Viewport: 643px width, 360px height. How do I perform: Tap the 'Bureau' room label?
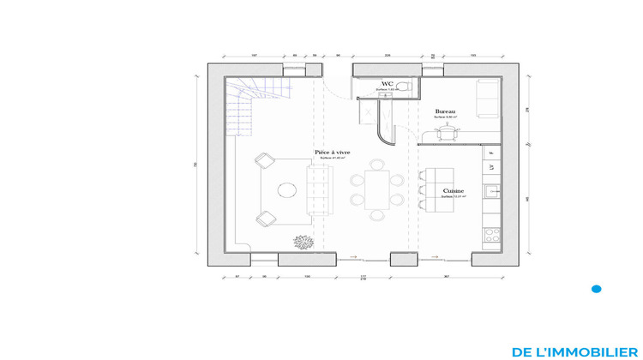point(445,111)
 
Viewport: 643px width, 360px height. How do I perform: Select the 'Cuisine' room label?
point(454,190)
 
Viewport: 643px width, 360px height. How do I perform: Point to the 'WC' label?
point(387,84)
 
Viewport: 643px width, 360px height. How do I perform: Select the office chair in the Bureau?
point(446,131)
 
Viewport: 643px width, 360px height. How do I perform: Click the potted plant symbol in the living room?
point(301,242)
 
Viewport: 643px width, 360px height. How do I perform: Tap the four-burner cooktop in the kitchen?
point(492,233)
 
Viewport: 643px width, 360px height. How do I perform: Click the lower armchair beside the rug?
point(264,219)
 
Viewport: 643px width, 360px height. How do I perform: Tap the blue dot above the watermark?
point(597,289)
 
